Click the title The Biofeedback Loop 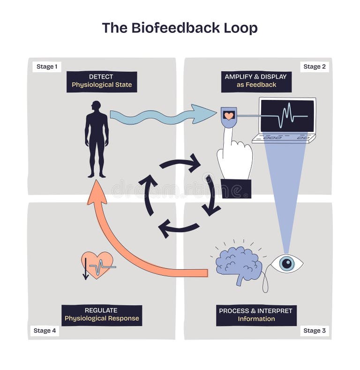[x=180, y=28]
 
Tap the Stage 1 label [x=47, y=67]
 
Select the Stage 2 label [x=314, y=67]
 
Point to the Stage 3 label [x=314, y=331]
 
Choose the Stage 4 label [x=45, y=331]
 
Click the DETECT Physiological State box [x=102, y=81]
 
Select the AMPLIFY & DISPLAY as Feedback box [x=256, y=81]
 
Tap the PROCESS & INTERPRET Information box [x=256, y=315]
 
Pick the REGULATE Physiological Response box [x=102, y=315]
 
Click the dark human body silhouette [x=97, y=138]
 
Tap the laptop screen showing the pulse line [x=287, y=115]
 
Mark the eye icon [x=286, y=264]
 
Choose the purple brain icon [x=239, y=264]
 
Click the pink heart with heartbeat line [x=98, y=265]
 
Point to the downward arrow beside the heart [x=85, y=269]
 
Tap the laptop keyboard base [x=284, y=138]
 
